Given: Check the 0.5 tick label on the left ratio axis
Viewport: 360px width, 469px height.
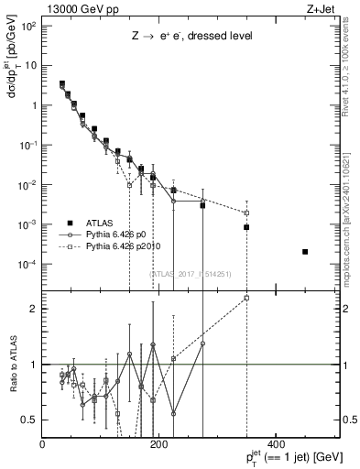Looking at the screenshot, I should point(29,420).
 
